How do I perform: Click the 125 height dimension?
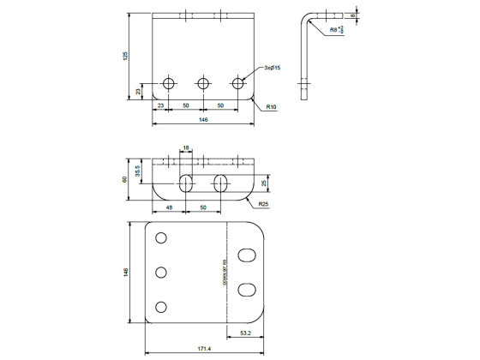coord(125,56)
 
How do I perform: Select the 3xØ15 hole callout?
coord(272,67)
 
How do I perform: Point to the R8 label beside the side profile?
coord(333,30)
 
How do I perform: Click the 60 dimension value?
coord(125,179)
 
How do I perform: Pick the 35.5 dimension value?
coord(139,170)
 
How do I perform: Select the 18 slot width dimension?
coord(186,148)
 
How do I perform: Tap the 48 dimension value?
coord(168,208)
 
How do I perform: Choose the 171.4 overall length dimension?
coord(204,349)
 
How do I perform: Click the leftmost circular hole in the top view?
coord(169,83)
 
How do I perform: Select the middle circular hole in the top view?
coord(203,83)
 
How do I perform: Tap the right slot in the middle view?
coord(220,183)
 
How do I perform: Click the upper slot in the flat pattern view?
coord(247,255)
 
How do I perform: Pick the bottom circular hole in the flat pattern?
coord(160,307)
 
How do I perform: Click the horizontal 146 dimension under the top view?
coord(203,121)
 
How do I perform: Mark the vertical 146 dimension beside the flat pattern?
coord(125,273)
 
